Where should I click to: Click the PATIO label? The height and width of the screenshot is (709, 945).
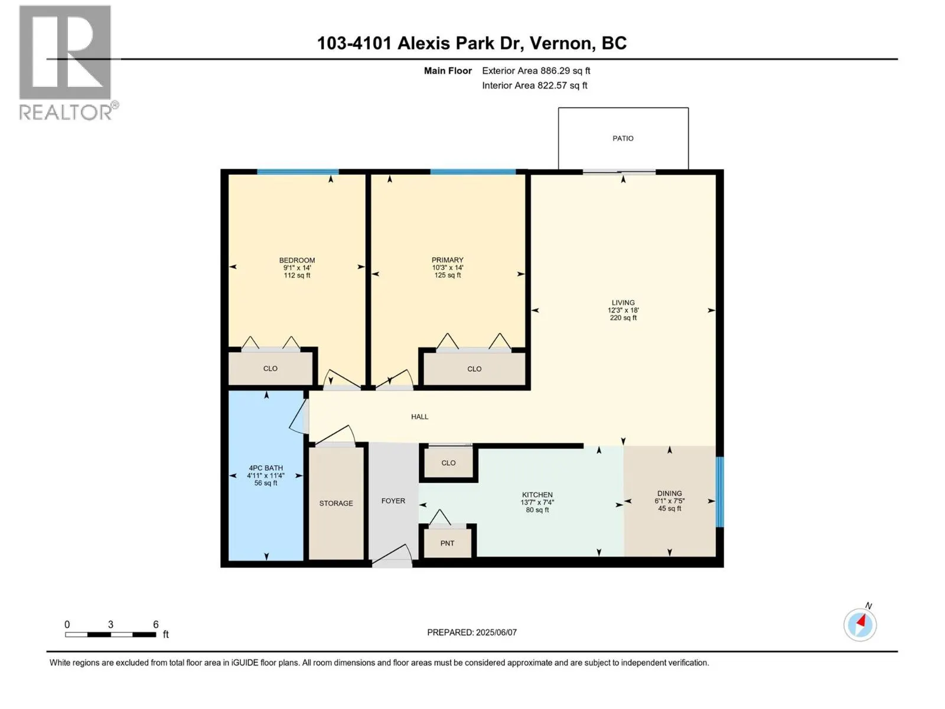coord(623,138)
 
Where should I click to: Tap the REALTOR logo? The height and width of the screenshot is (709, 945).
coord(66,62)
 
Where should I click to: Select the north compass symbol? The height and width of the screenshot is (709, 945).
coord(860,625)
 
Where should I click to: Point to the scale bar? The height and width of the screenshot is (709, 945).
coord(110,635)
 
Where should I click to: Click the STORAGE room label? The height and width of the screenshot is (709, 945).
coord(336,503)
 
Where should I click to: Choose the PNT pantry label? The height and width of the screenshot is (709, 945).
coord(447,543)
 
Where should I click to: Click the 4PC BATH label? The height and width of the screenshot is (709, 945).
coord(266,468)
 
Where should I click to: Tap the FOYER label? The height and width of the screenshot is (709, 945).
coord(393,501)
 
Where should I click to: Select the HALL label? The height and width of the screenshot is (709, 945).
coord(419,417)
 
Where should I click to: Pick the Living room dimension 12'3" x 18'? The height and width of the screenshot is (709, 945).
coord(623,310)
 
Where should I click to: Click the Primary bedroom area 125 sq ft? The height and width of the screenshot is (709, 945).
coord(447,275)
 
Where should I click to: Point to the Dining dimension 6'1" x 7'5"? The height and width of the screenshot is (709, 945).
coord(669,501)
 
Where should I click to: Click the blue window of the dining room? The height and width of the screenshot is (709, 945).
coord(719,491)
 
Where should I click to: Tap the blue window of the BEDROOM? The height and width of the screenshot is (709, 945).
coord(298,172)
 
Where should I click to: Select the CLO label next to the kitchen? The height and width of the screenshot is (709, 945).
coord(448,463)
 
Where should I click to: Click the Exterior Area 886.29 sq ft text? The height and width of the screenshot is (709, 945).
coord(536,71)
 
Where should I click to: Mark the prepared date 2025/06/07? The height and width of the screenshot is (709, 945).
coord(496,632)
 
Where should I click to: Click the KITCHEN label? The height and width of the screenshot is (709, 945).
coord(537,495)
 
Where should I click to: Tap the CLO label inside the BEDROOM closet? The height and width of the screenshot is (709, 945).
coord(270,369)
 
